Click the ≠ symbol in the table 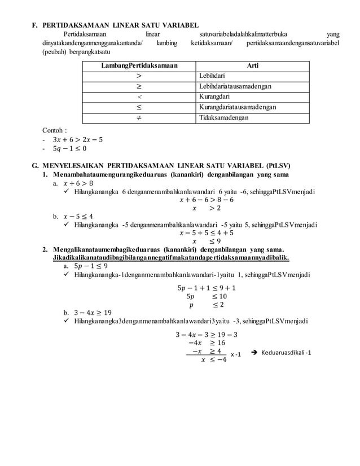coord(139,118)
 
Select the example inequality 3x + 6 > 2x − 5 coord(77,139)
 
